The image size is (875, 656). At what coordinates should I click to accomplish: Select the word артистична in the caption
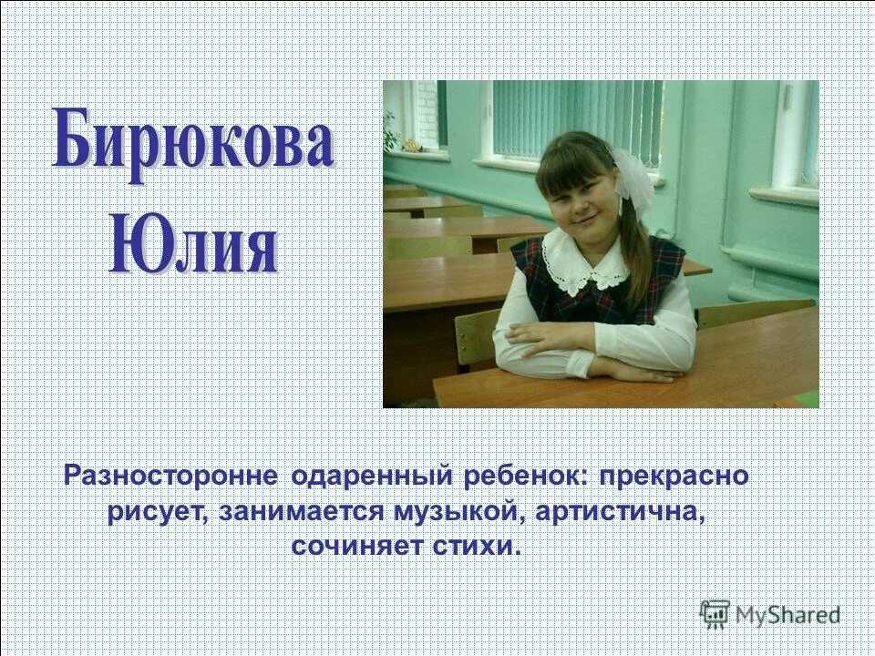click(622, 511)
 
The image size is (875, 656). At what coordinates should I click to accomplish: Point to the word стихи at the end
click(478, 547)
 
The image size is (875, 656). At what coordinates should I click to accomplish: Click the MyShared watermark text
click(787, 613)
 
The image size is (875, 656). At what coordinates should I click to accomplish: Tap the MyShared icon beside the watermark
click(715, 612)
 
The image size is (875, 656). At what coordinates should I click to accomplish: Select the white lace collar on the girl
click(583, 260)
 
